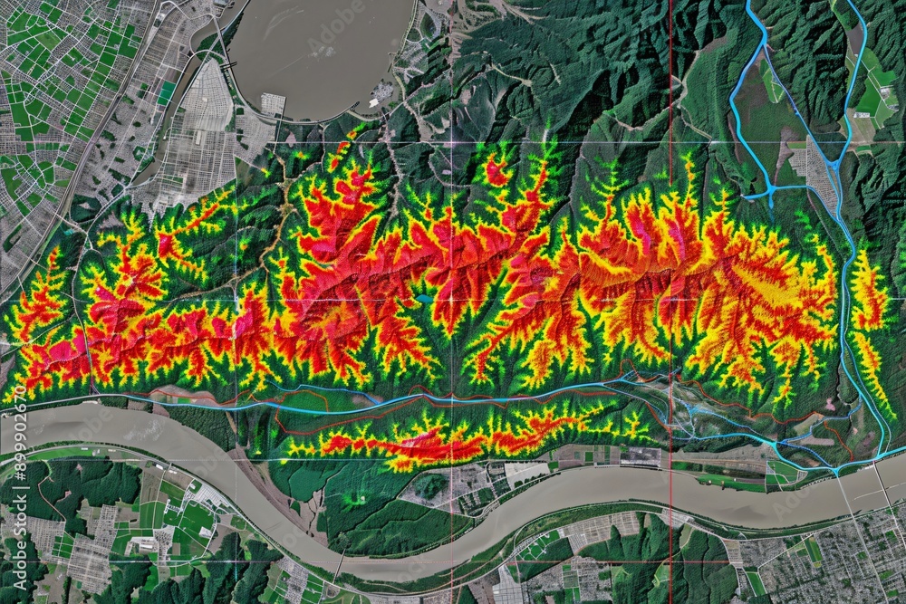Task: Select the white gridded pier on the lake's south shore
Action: tap(272, 106)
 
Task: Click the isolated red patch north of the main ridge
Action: tap(496, 171)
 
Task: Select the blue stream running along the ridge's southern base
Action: tap(408, 399)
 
